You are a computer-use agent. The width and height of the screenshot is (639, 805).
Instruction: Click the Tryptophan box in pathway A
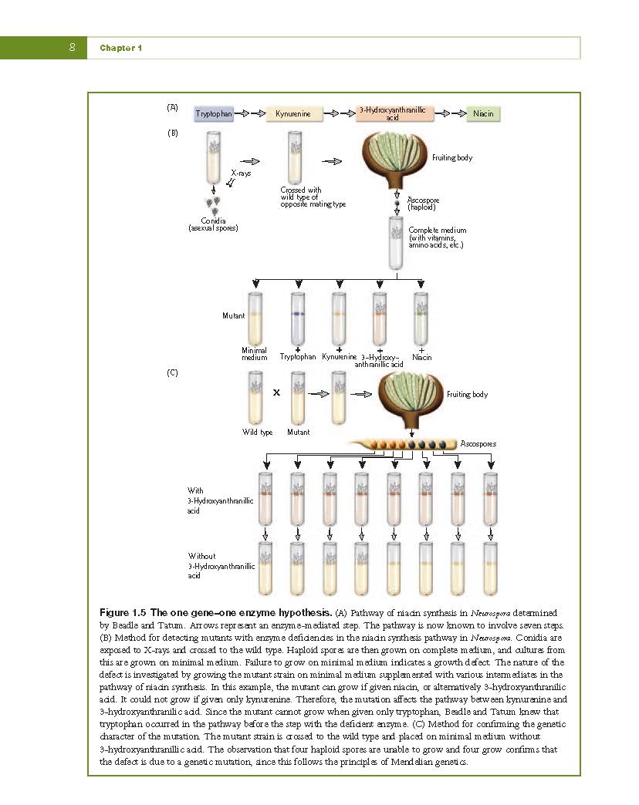pyautogui.click(x=214, y=113)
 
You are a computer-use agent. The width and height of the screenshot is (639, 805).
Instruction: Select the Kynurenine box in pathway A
pyautogui.click(x=294, y=113)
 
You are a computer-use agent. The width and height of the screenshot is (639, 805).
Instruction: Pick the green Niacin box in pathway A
pyautogui.click(x=483, y=113)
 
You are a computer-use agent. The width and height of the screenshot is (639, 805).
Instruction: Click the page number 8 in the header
pyautogui.click(x=72, y=47)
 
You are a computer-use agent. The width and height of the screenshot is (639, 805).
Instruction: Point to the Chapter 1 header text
pyautogui.click(x=120, y=48)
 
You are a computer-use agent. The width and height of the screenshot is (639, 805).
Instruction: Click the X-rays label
pyautogui.click(x=240, y=173)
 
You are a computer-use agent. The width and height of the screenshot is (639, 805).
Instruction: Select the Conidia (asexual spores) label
pyautogui.click(x=213, y=224)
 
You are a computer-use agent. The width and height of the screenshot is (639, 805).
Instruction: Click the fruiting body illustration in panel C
pyautogui.click(x=411, y=400)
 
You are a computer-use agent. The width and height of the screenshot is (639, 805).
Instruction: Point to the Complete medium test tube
pyautogui.click(x=396, y=243)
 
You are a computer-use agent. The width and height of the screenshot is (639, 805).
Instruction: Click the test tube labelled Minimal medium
pyautogui.click(x=255, y=318)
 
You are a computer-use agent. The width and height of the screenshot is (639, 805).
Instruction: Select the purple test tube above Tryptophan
pyautogui.click(x=298, y=318)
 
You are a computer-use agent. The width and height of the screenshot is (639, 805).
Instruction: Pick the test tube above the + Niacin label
pyautogui.click(x=421, y=318)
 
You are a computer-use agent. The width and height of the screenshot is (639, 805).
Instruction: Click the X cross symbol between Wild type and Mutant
pyautogui.click(x=276, y=392)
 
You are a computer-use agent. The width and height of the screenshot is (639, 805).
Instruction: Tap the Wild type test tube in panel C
pyautogui.click(x=255, y=398)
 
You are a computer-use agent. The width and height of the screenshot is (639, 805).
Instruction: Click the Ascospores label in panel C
pyautogui.click(x=478, y=443)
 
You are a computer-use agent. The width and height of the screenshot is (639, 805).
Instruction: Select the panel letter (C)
pyautogui.click(x=173, y=372)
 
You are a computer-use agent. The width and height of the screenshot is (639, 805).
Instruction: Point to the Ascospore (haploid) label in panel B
pyautogui.click(x=423, y=204)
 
